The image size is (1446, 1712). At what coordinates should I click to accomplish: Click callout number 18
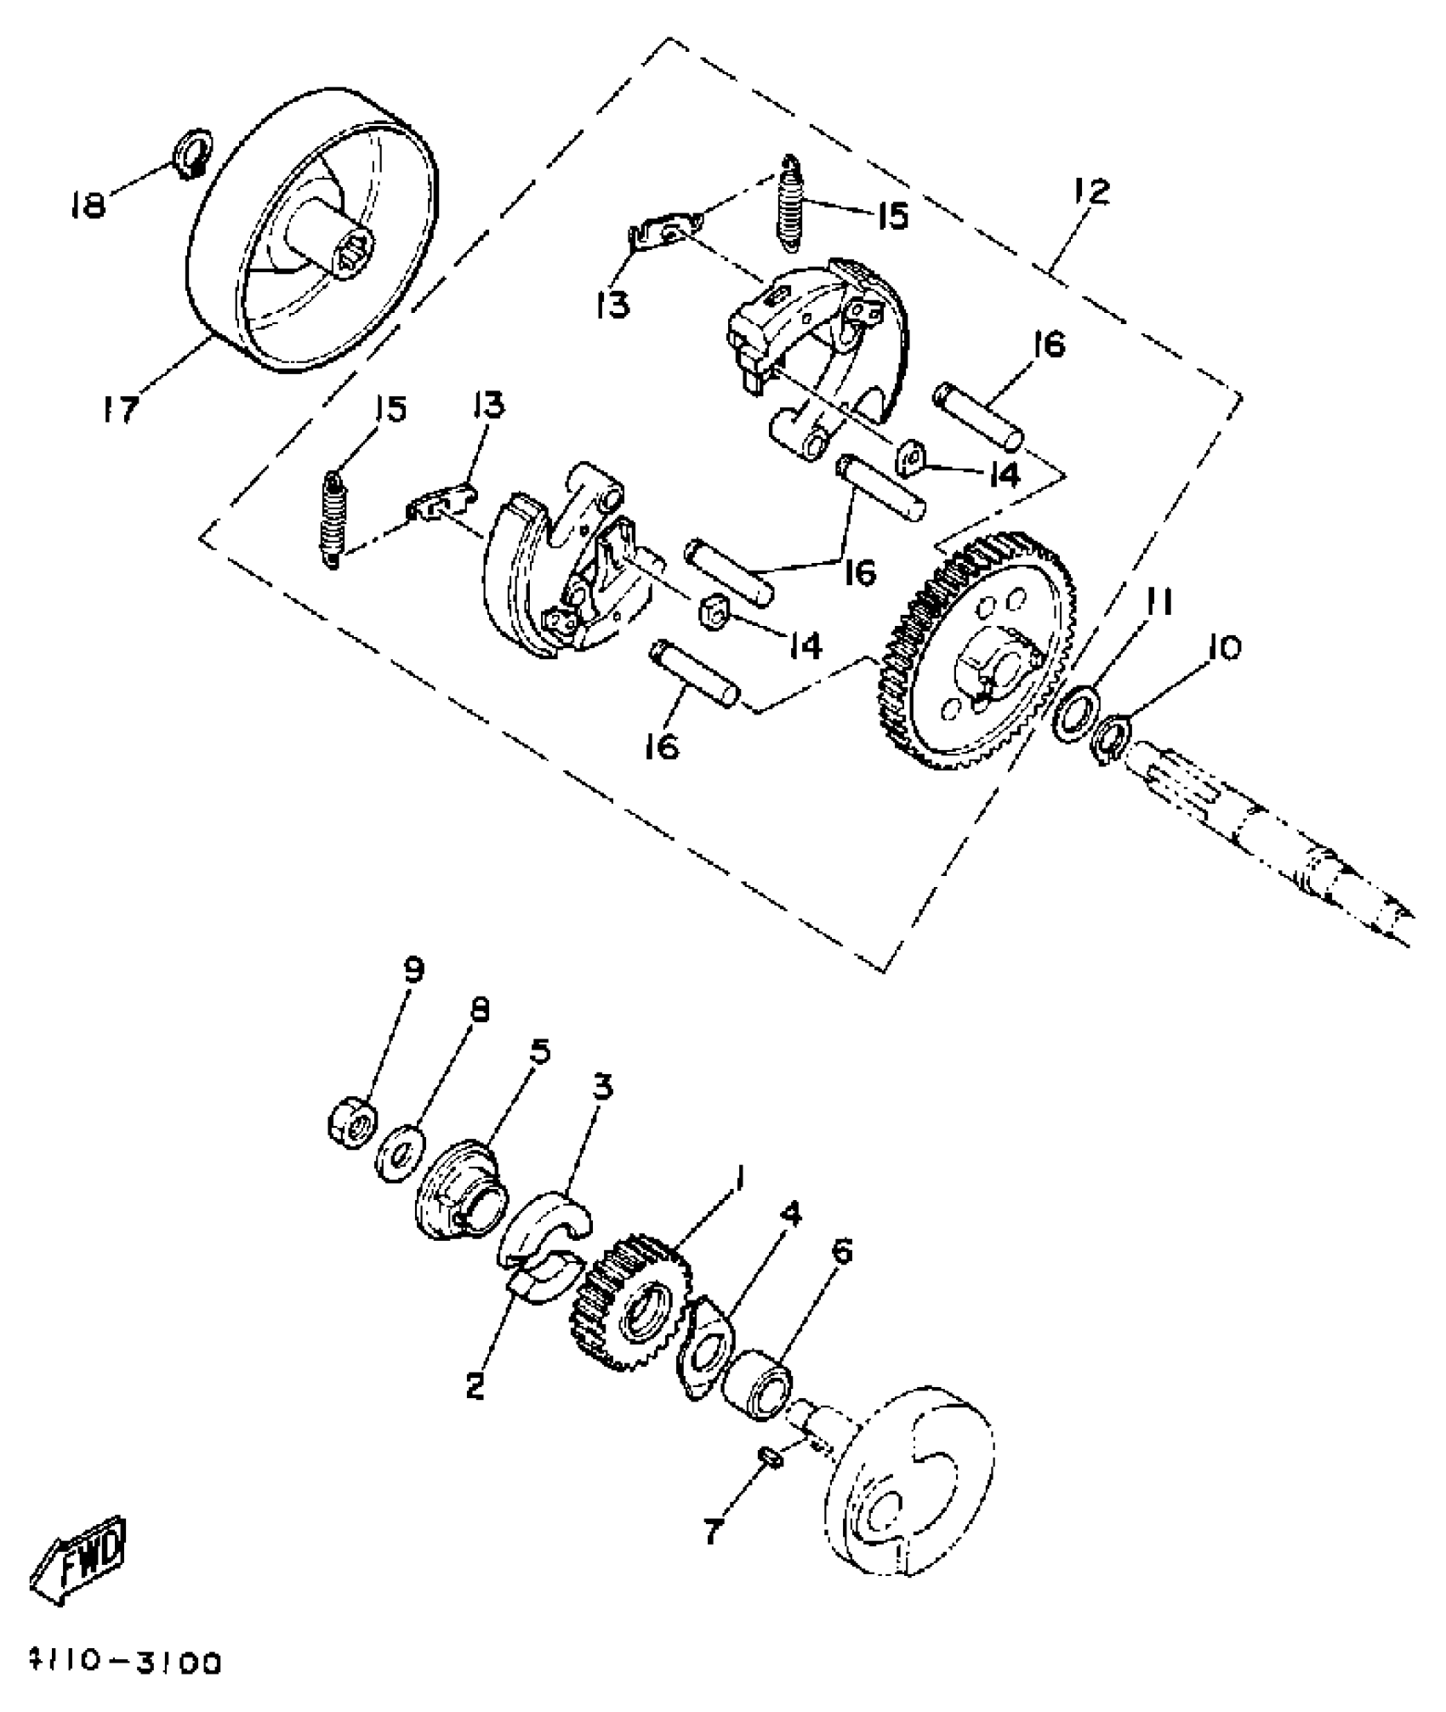[x=88, y=204]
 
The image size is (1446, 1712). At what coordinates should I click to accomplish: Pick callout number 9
[x=414, y=970]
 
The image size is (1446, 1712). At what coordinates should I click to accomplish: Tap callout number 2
[x=475, y=1386]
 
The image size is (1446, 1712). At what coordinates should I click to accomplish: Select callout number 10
[x=1222, y=648]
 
